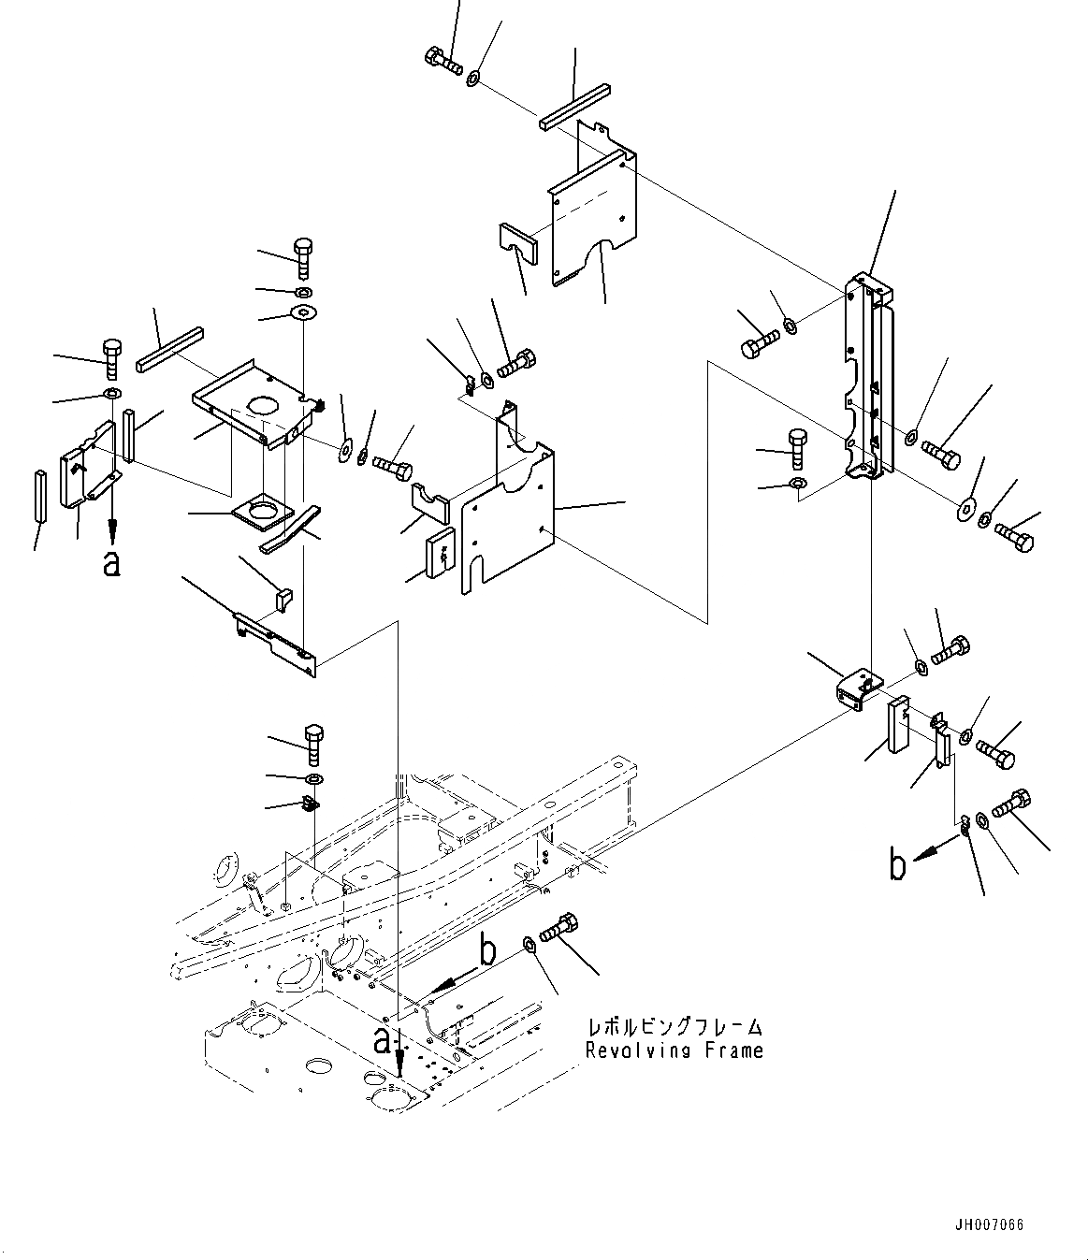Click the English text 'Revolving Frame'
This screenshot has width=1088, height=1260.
pyautogui.click(x=674, y=1050)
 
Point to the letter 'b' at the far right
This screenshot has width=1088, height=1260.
pyautogui.click(x=897, y=866)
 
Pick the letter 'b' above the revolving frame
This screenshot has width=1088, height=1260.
pyautogui.click(x=486, y=951)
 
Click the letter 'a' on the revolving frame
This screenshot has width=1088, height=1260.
pyautogui.click(x=382, y=1039)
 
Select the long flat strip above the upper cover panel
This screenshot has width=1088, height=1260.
pyautogui.click(x=574, y=106)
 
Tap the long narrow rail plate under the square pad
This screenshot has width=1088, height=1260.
pyautogui.click(x=275, y=643)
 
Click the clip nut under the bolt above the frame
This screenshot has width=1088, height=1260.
pyautogui.click(x=312, y=803)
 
